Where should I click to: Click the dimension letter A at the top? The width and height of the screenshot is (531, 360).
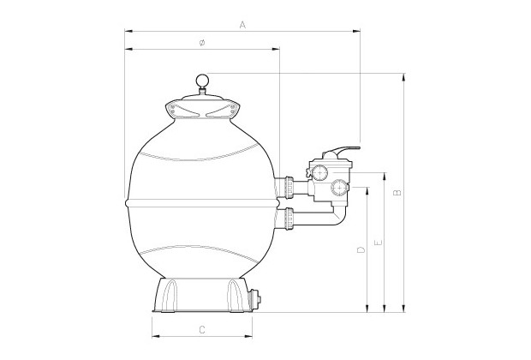243,26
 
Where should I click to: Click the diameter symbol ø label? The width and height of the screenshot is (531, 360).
200,43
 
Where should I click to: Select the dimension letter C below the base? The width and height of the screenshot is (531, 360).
201,329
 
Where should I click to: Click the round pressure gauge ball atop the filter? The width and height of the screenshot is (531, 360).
202,82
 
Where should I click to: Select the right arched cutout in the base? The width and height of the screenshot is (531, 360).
232,297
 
